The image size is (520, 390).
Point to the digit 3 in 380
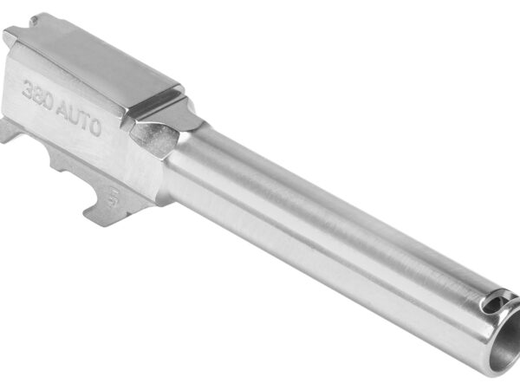coord(29,88)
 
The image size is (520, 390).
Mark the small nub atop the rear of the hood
coord(35,18)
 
